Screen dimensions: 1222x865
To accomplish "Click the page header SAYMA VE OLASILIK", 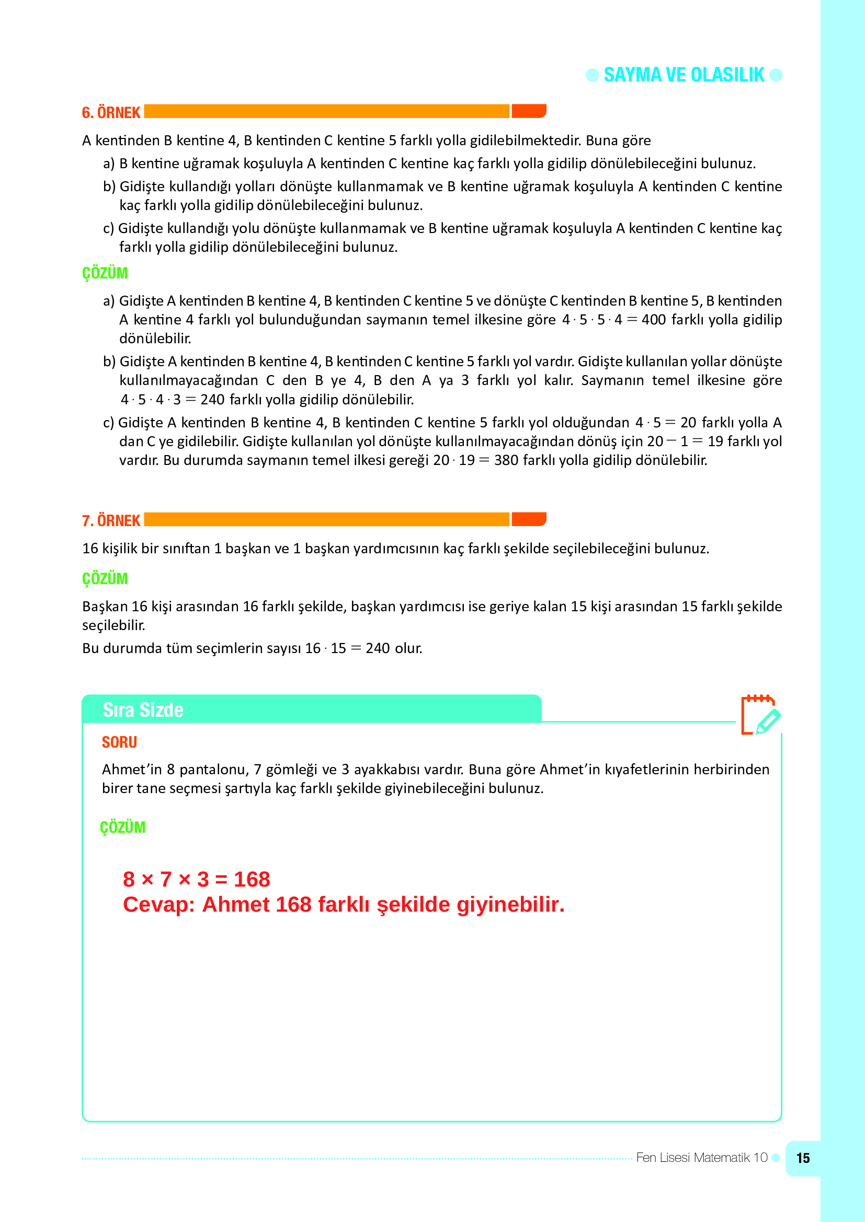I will coord(684,75).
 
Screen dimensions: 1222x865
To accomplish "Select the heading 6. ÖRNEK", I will coord(111,113).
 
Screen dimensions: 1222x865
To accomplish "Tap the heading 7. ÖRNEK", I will coord(111,520).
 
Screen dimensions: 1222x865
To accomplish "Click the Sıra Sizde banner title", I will coord(143,710).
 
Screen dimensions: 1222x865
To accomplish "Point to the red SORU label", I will coord(119,742).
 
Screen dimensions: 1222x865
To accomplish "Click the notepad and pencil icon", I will coord(760,715).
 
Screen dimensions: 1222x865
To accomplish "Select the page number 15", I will coord(802,1158).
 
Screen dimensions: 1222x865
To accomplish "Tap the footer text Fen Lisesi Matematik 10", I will coord(701,1158).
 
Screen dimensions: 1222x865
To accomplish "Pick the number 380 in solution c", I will coord(506,460).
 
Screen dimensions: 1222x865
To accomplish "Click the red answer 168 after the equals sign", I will coord(252,880).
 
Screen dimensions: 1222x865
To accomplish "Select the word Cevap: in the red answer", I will coord(160,905).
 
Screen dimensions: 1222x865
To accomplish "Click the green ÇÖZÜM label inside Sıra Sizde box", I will coord(122,828).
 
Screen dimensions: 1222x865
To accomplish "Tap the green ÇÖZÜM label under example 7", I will coord(105,578).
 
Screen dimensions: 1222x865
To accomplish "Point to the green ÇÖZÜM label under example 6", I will coord(105,273).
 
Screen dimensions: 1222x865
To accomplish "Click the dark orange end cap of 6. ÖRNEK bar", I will coord(528,111).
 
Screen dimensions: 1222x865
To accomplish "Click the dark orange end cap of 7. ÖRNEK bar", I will coord(528,519).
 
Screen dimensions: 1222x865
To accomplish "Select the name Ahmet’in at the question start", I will coord(132,770).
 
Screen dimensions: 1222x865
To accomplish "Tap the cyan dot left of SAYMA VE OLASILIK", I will coord(592,75).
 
